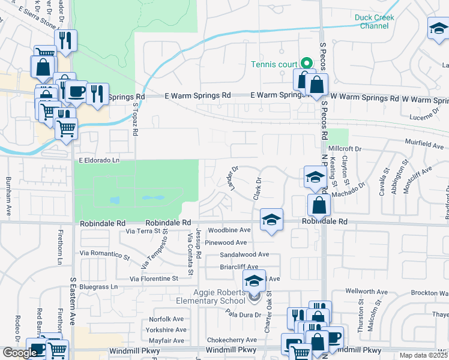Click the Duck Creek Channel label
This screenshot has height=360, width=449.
tap(374, 22)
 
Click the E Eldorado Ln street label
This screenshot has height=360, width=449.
tap(99, 161)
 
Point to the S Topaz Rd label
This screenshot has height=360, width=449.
tap(136, 119)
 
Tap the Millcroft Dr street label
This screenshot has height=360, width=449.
tap(346, 149)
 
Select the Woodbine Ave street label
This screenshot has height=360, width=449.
tap(229, 230)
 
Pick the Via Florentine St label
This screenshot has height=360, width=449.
tap(150, 279)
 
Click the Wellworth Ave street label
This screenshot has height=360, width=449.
tap(366, 291)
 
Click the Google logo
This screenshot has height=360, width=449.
tap(19, 353)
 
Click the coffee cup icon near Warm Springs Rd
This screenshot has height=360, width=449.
tap(76, 91)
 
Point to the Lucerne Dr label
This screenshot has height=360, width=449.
tap(428, 117)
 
